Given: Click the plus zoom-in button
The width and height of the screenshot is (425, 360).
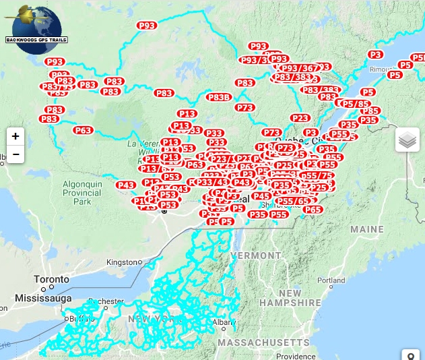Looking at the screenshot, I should (15, 136).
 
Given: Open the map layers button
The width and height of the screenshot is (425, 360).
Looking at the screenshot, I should (407, 140).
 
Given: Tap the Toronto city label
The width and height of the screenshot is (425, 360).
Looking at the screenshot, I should (52, 279).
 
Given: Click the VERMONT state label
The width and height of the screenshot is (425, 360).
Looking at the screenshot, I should (256, 256).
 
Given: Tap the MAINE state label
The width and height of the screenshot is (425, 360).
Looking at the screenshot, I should (366, 229).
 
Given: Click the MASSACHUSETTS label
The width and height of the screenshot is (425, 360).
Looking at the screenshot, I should (263, 342).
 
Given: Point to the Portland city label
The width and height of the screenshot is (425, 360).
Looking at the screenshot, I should (331, 280).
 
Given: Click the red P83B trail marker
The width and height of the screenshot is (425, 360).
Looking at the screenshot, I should (219, 97).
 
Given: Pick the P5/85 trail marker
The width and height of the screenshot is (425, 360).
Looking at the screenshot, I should (356, 104).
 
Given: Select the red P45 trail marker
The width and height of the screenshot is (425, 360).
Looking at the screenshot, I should (261, 196).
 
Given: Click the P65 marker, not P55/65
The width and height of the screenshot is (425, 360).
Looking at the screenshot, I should (313, 210).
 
